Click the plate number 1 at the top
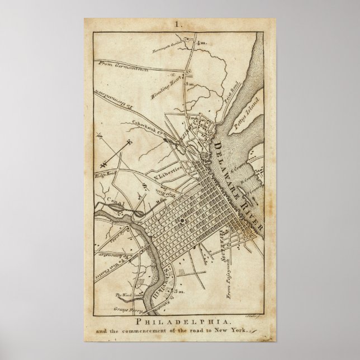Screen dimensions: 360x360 179,25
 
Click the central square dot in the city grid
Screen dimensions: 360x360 183,222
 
